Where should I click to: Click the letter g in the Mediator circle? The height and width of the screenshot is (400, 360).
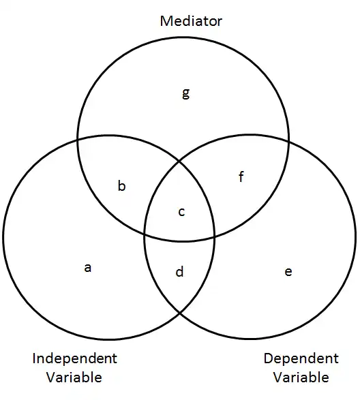pos(186,93)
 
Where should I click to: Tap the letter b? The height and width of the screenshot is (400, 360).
pos(122,185)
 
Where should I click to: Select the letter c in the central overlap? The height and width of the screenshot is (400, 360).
pos(181,212)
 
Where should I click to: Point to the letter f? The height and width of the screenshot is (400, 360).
pos(241,176)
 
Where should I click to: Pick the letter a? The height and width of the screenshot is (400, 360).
pos(87,268)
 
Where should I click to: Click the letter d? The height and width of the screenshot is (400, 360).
pos(180,271)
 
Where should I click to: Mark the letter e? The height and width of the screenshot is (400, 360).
pos(288,272)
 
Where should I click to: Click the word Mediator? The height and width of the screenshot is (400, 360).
pos(191,21)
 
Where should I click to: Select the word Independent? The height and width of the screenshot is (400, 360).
pos(74,358)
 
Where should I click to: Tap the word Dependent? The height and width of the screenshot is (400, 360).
pos(301,358)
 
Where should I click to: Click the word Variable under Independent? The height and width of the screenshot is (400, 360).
pos(74,377)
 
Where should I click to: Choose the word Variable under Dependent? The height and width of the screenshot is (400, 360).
pos(301,377)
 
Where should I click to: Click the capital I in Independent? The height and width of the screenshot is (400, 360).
pos(34,358)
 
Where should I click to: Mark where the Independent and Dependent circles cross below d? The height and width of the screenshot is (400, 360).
pos(180,313)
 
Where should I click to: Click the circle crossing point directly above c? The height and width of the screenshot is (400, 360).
pos(180,161)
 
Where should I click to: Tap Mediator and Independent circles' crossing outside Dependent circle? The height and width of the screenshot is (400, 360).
pos(78,139)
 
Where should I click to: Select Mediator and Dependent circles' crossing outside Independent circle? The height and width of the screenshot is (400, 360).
pos(288,140)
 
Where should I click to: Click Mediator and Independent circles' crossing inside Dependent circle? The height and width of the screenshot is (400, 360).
pos(214,236)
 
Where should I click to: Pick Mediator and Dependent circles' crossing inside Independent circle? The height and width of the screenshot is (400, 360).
pos(145,234)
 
